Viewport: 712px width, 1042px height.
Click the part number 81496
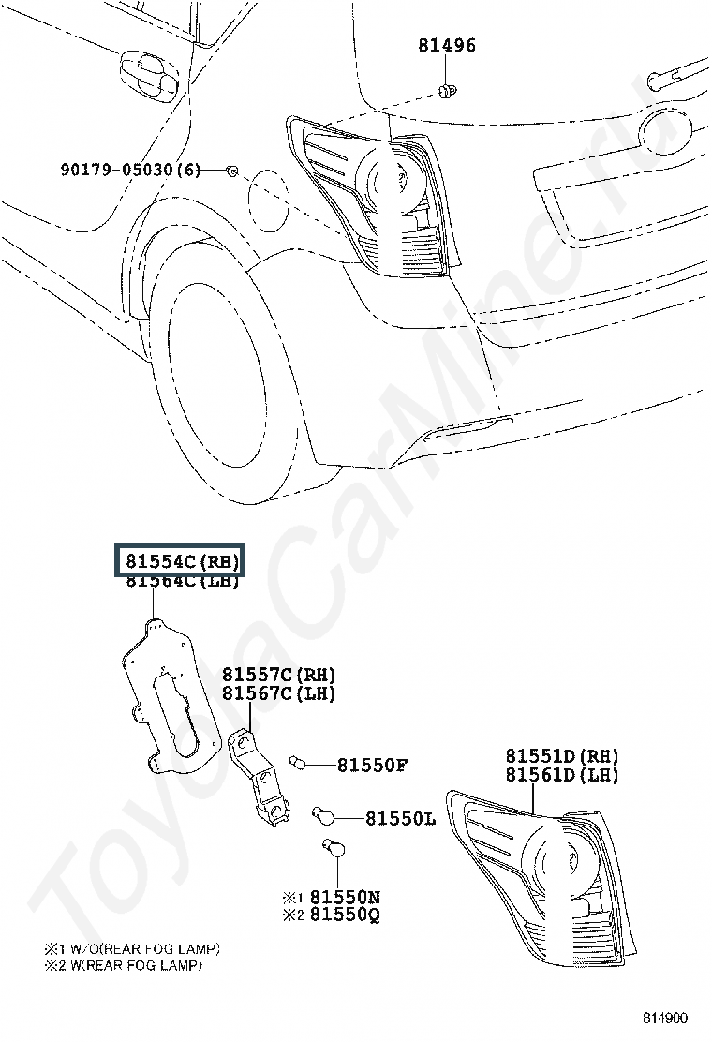pos(446,46)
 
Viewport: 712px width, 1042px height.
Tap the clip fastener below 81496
pos(447,91)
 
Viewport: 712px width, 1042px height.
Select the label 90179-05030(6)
pos(130,170)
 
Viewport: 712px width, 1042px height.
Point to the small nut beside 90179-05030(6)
pos(232,171)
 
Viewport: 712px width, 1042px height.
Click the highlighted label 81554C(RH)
pos(178,561)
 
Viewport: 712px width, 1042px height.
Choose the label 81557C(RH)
pos(278,675)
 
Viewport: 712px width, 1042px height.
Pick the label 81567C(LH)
pos(278,693)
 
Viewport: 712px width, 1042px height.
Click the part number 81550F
pos(372,766)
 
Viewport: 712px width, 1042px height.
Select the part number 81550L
pos(400,819)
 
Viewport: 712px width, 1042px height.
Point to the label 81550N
pos(345,897)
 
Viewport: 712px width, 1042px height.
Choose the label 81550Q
pos(345,915)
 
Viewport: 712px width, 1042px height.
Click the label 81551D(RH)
pos(562,756)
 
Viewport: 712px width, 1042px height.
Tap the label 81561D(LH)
pos(562,775)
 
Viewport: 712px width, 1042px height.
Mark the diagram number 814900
pos(664,1018)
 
